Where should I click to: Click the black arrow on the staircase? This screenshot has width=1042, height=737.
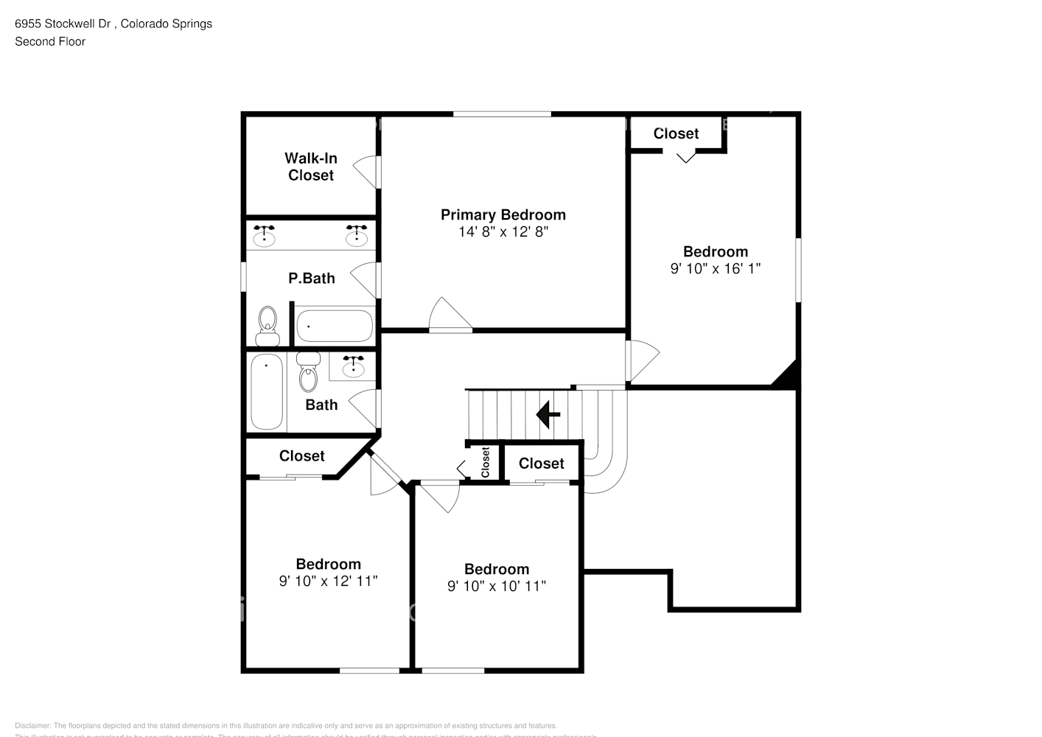tap(548, 415)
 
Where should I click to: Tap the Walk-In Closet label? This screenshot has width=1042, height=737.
tap(311, 167)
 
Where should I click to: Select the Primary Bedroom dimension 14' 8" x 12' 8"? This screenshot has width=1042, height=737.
tap(503, 231)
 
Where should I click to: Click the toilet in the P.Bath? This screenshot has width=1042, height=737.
tap(268, 326)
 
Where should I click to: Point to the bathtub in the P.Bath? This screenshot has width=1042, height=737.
tap(335, 326)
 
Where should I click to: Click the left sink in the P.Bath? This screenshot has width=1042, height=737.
tap(264, 235)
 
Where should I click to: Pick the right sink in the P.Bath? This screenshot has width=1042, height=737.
tap(357, 235)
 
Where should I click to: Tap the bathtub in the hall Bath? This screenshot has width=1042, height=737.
tap(267, 392)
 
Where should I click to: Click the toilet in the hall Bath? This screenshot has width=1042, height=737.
tap(308, 372)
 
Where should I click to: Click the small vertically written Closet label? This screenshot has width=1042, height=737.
tap(485, 463)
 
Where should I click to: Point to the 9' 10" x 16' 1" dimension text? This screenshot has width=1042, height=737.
tap(715, 269)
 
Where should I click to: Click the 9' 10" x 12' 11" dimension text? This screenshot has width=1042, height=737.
tap(328, 581)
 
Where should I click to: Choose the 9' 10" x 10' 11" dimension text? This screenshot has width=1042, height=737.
tap(496, 587)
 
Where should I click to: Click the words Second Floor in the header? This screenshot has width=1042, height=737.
tap(50, 41)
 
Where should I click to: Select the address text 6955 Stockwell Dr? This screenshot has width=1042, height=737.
tap(63, 24)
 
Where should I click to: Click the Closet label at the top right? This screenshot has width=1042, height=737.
tap(676, 133)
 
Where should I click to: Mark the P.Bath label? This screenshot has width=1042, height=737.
tap(311, 279)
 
